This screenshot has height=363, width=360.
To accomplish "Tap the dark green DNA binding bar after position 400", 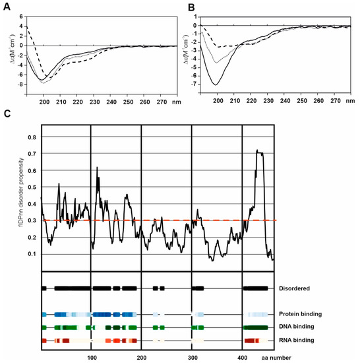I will [255, 327].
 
